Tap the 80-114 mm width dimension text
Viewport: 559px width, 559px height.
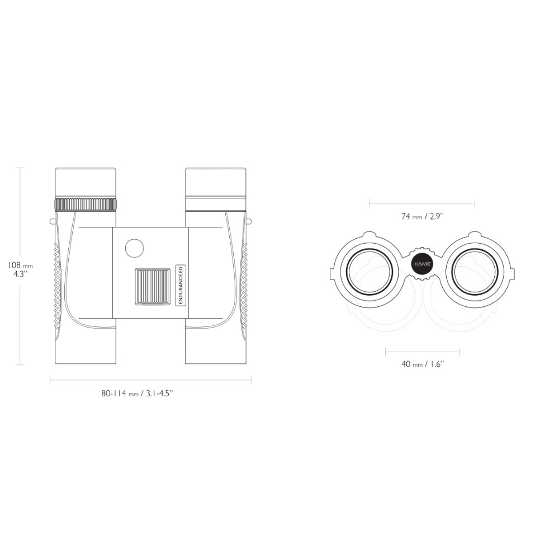[138, 393]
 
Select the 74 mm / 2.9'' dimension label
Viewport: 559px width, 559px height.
[423, 216]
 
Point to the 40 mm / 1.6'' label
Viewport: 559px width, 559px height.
[423, 364]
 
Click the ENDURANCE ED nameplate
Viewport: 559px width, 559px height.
[181, 285]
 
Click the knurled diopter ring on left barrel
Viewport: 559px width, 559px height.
[86, 204]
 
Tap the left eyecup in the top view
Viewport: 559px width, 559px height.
[86, 182]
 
